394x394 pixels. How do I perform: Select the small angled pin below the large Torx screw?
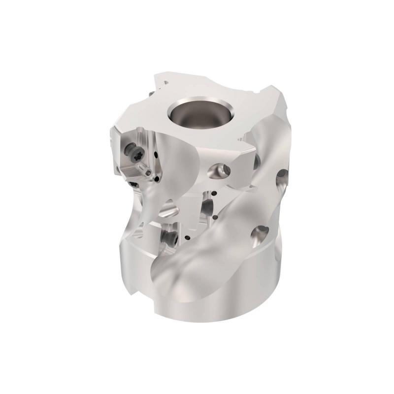pos(146,171)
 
